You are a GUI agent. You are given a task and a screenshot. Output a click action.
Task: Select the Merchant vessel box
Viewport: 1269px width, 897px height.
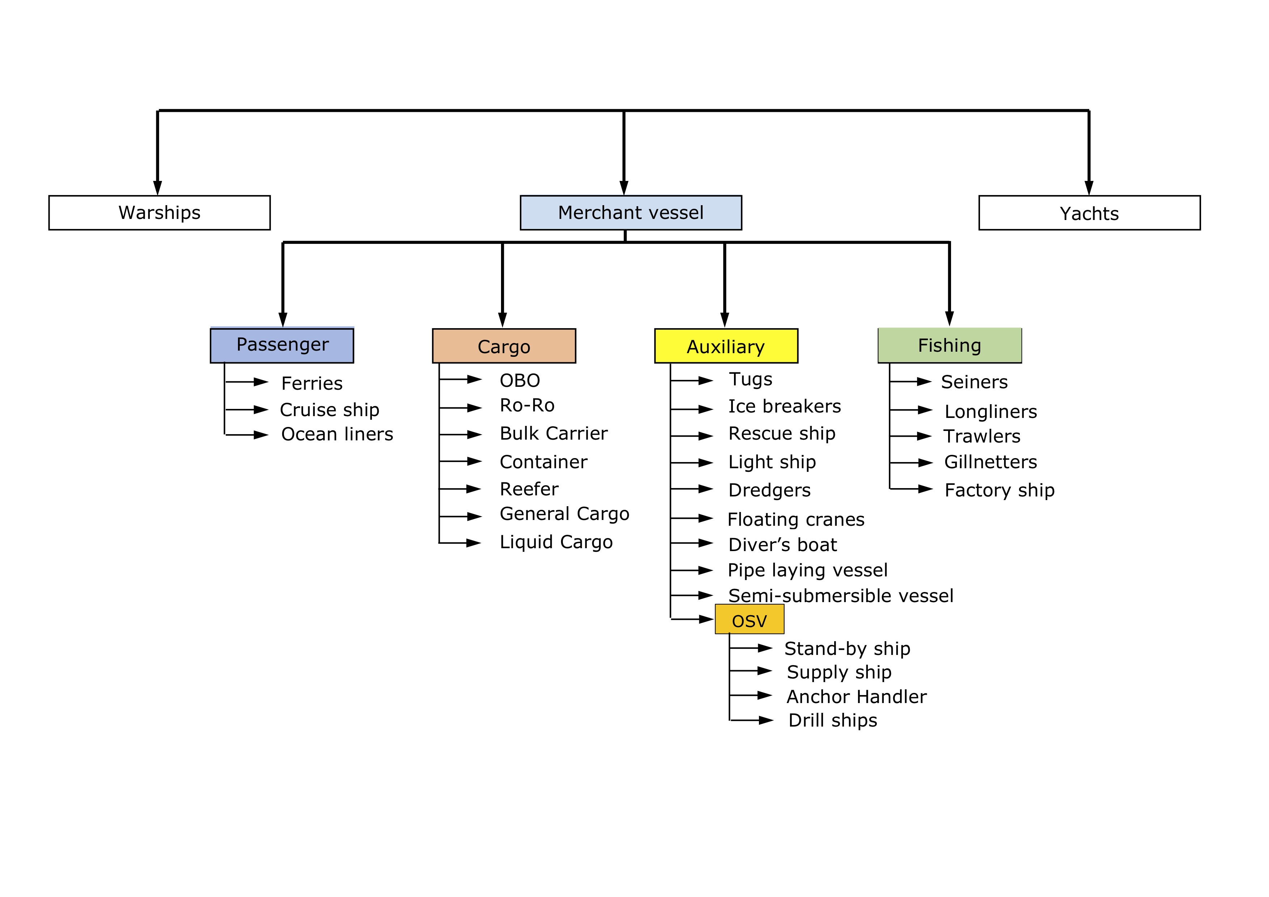631,213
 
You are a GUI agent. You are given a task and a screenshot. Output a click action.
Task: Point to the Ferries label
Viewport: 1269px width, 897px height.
312,383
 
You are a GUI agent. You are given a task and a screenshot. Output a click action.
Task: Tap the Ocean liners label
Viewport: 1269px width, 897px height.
337,435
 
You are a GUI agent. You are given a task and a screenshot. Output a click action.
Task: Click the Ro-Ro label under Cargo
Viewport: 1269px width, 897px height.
527,406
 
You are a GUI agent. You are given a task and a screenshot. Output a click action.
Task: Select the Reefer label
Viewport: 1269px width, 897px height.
529,489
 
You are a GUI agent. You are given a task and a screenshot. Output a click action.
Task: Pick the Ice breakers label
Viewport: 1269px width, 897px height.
784,407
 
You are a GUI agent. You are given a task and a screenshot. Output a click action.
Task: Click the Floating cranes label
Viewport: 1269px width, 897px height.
796,520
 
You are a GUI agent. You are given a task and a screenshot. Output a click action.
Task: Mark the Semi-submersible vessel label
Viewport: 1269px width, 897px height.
841,596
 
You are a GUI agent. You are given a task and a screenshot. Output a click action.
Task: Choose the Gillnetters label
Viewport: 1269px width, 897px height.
990,462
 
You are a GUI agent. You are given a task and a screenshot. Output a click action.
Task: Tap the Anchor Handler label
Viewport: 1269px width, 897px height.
856,697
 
